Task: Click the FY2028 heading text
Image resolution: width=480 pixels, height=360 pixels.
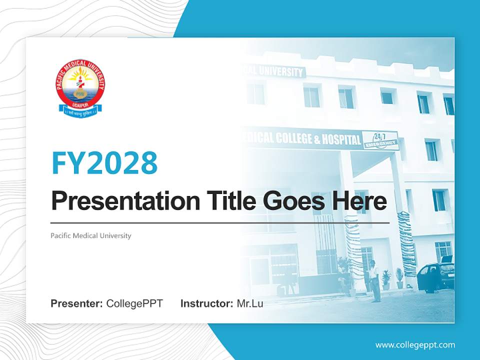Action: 104,162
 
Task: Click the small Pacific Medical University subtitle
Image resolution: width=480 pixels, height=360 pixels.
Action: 91,235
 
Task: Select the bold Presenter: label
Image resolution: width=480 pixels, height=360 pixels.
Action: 77,303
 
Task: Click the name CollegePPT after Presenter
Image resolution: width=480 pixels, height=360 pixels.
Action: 134,303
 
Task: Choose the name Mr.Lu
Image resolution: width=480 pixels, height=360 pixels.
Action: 250,303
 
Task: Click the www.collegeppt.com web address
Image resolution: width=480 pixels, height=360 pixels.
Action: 415,344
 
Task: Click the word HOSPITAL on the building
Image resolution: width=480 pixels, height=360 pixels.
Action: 343,139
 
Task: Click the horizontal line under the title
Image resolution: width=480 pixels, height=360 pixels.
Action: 220,222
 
